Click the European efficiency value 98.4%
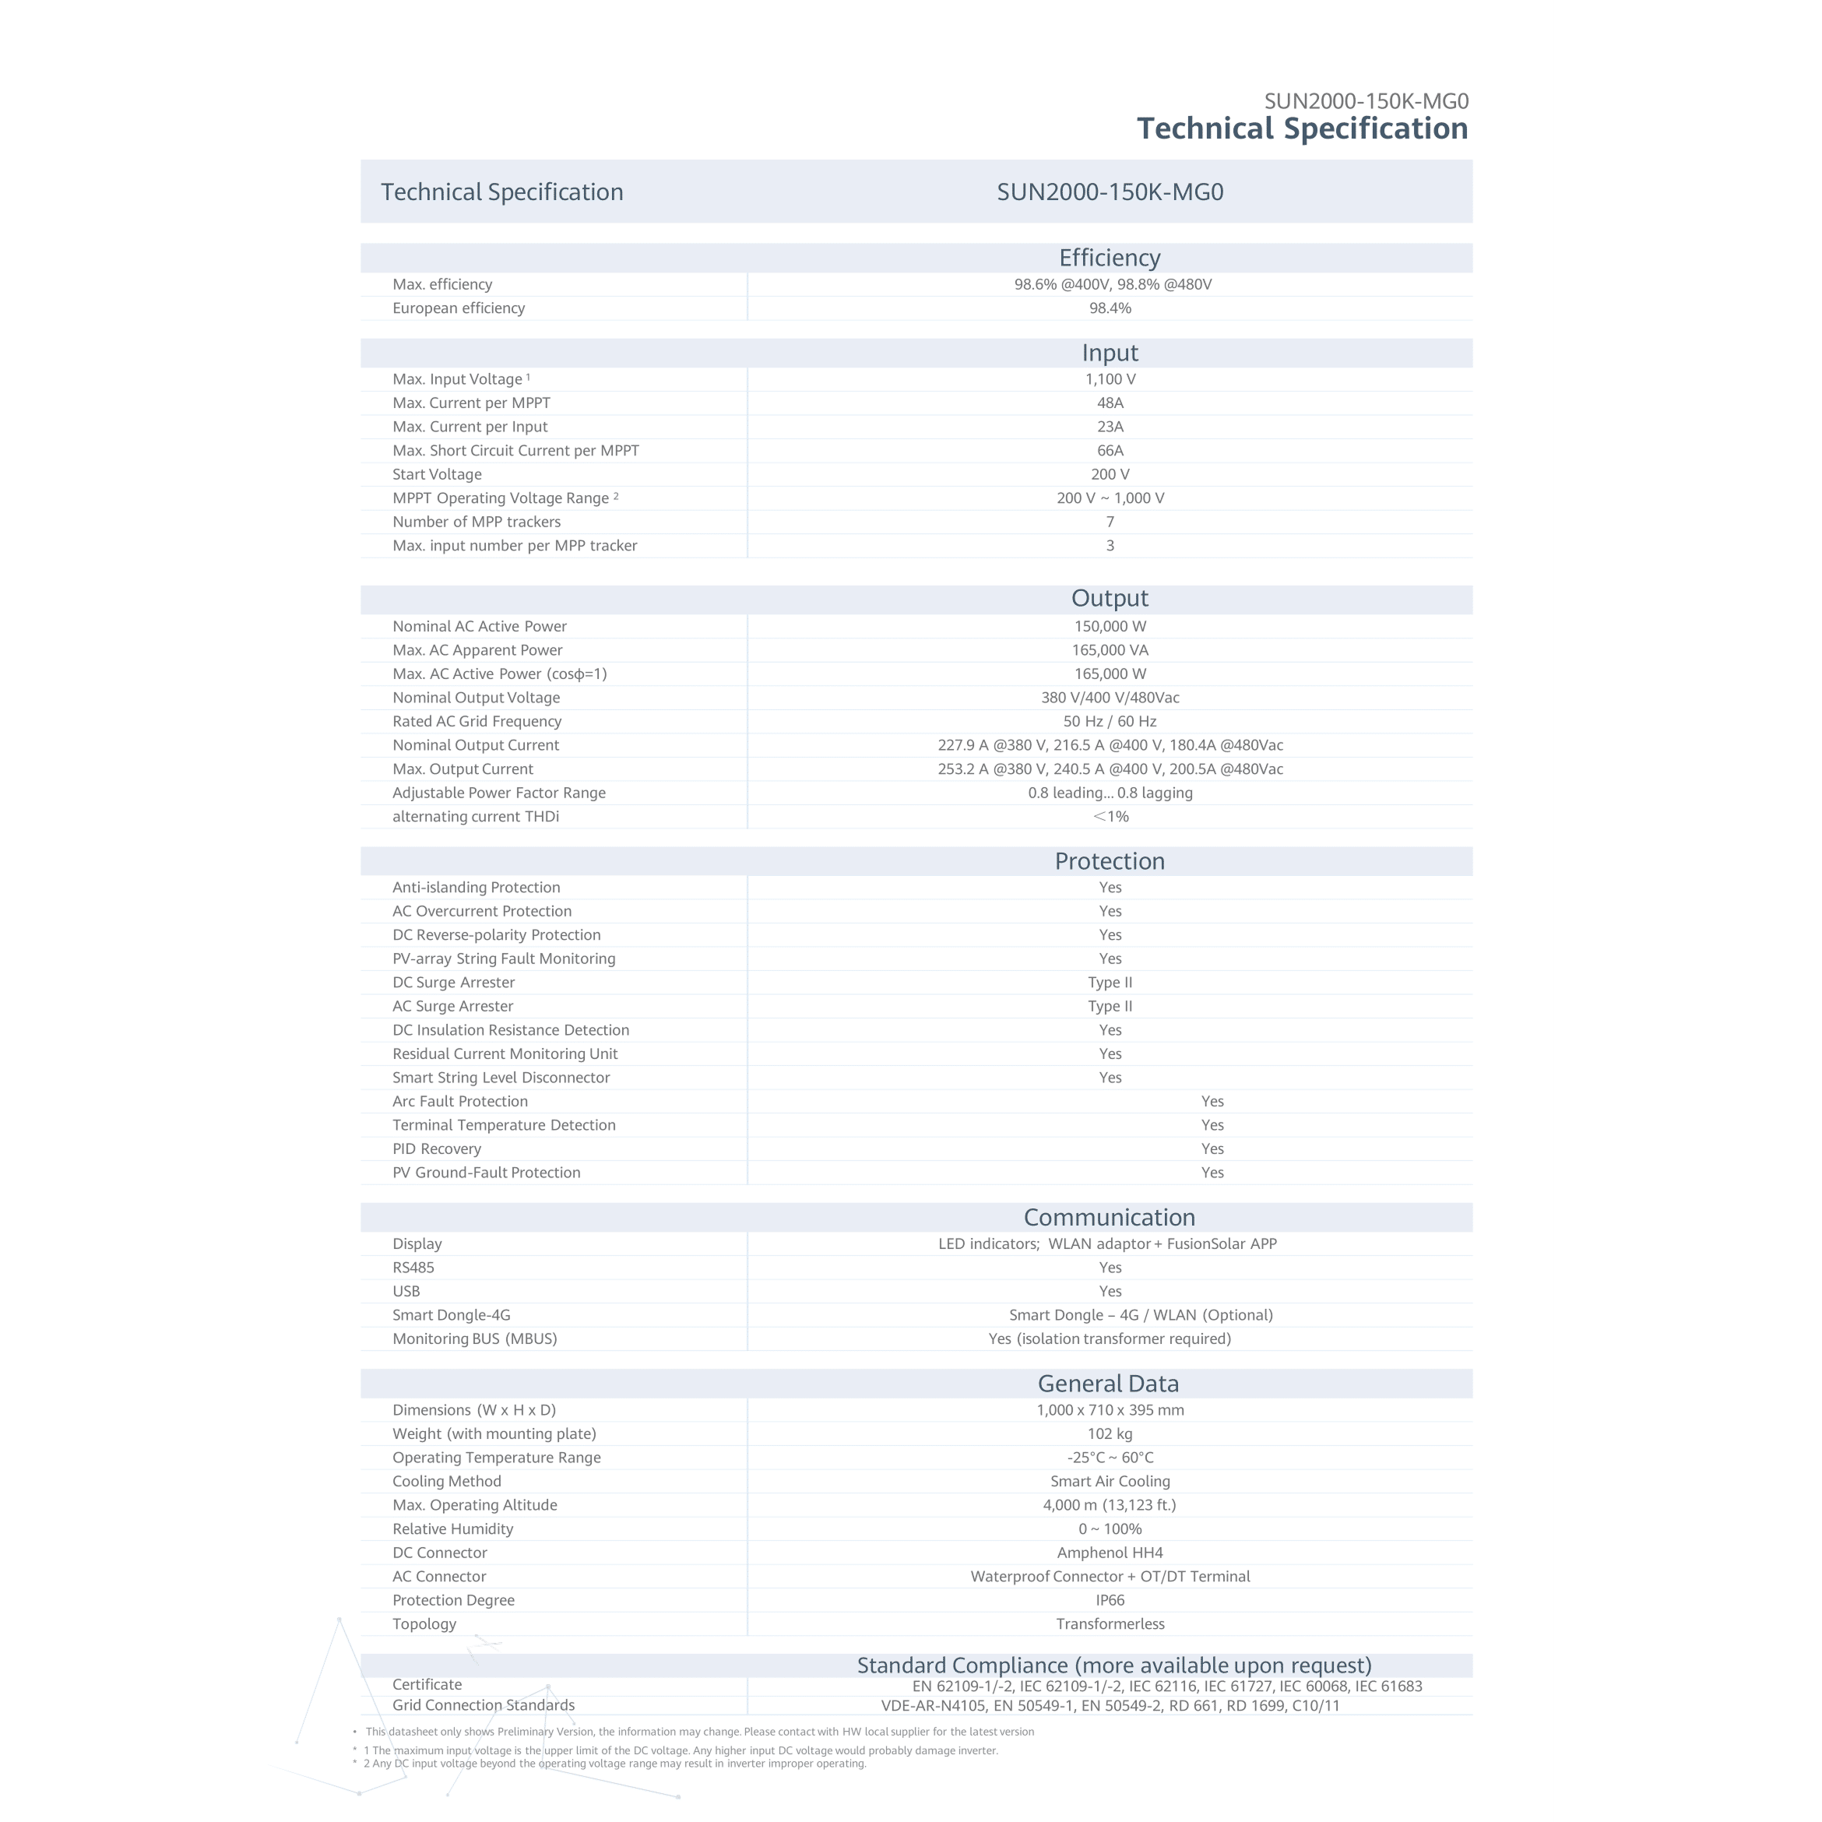coord(1110,308)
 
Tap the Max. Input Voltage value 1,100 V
coord(1110,379)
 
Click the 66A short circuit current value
coord(1110,451)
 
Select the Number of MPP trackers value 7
coord(1110,522)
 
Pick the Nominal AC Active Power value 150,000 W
coord(1110,626)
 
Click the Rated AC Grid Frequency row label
coord(477,722)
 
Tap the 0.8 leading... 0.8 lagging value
coord(1110,793)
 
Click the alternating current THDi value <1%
coord(1110,817)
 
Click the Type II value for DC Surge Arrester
coord(1110,983)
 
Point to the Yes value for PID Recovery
coord(1212,1148)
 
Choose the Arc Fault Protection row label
coord(459,1102)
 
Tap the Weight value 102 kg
coord(1110,1433)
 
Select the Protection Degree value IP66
coord(1110,1600)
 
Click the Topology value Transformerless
coord(1110,1624)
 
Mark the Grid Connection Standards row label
coord(483,1705)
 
